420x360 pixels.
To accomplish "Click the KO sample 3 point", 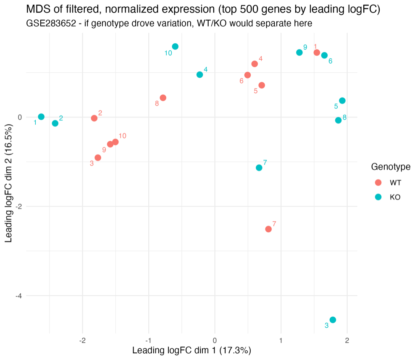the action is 333,320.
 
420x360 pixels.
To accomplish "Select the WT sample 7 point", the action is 268,229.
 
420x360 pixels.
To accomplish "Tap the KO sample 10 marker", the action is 175,47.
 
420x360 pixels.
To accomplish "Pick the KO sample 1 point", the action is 41,117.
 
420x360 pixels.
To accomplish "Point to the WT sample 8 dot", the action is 163,98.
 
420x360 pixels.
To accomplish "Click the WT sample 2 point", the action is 94,118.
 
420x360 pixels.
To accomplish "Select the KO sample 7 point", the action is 259,168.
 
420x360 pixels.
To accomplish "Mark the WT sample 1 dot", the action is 317,53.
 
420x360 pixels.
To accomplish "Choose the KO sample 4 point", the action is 199,75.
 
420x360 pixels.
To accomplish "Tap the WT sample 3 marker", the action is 98,158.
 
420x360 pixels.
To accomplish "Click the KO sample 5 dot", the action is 342,101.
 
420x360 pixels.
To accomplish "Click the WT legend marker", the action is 378,183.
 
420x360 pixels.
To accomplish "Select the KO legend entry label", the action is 395,197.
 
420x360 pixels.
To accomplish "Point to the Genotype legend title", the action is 391,167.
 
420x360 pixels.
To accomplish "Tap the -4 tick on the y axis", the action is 18,296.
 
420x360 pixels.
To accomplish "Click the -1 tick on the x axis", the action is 149,340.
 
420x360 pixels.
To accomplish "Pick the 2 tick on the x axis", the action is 347,340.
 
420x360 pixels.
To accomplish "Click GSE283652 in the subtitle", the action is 51,24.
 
